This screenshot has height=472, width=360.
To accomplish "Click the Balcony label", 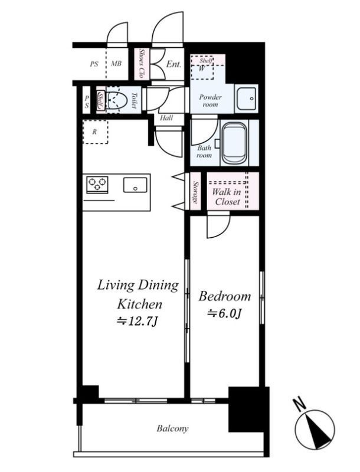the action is click(172, 429).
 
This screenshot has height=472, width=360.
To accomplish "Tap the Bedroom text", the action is click(224, 297).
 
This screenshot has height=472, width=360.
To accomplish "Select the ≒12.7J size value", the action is click(138, 322).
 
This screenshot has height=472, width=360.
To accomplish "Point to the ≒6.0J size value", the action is click(224, 314).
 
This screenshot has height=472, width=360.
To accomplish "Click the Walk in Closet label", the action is click(227, 196).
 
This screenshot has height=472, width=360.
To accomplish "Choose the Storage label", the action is click(196, 192).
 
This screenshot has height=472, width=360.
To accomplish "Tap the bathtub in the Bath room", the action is click(235, 143).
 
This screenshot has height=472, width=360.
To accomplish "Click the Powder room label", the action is click(211, 101).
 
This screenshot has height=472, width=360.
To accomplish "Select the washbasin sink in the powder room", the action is click(247, 98).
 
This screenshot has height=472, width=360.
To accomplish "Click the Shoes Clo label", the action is click(140, 64).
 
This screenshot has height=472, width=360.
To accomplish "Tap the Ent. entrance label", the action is click(174, 64).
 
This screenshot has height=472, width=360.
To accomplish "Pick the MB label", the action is click(116, 64).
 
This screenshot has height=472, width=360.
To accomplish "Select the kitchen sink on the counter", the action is click(136, 185).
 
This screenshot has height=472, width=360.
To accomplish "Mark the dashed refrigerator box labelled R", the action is click(95, 132).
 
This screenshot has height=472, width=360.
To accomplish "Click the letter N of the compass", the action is click(299, 404).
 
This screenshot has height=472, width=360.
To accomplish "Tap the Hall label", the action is click(166, 117).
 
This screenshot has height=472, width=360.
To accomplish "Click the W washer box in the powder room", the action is click(202, 68).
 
